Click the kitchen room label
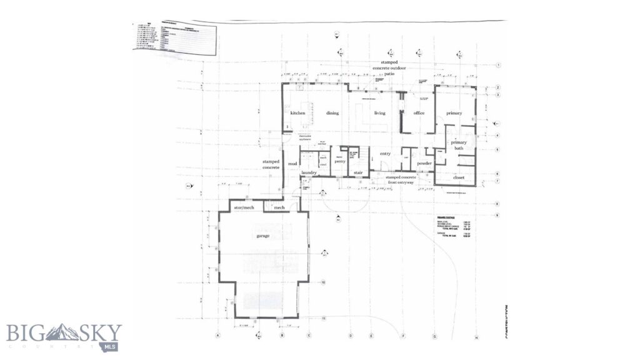click(x=297, y=113)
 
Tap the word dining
click(x=332, y=113)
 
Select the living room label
click(x=379, y=113)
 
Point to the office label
click(x=419, y=113)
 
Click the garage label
click(x=262, y=237)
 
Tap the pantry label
click(x=340, y=161)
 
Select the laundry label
click(x=310, y=172)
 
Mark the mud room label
click(x=291, y=164)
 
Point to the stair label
click(x=358, y=172)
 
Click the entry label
click(x=385, y=154)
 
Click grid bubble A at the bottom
click(x=217, y=336)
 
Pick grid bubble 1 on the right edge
click(x=499, y=65)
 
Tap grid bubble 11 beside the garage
click(x=324, y=318)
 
